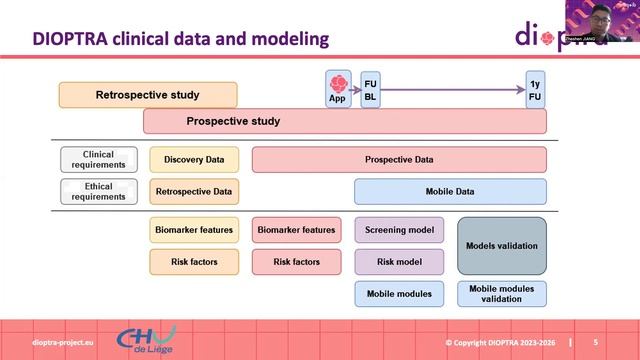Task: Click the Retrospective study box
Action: (x=148, y=95)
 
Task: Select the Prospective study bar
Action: (x=345, y=122)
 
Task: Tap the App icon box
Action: (x=337, y=88)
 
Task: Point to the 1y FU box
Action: (x=536, y=88)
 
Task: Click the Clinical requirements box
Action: (x=99, y=159)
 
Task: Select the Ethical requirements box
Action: (x=99, y=191)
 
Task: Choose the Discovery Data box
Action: (x=194, y=159)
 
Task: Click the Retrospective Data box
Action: (x=194, y=191)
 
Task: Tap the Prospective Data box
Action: (x=399, y=159)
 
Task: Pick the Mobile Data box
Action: (x=450, y=191)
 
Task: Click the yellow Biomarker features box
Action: (x=194, y=230)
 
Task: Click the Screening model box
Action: (x=399, y=230)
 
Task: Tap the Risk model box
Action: (x=399, y=262)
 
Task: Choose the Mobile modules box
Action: (x=399, y=294)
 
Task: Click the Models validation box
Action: (x=502, y=246)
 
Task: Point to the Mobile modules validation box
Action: (x=502, y=294)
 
